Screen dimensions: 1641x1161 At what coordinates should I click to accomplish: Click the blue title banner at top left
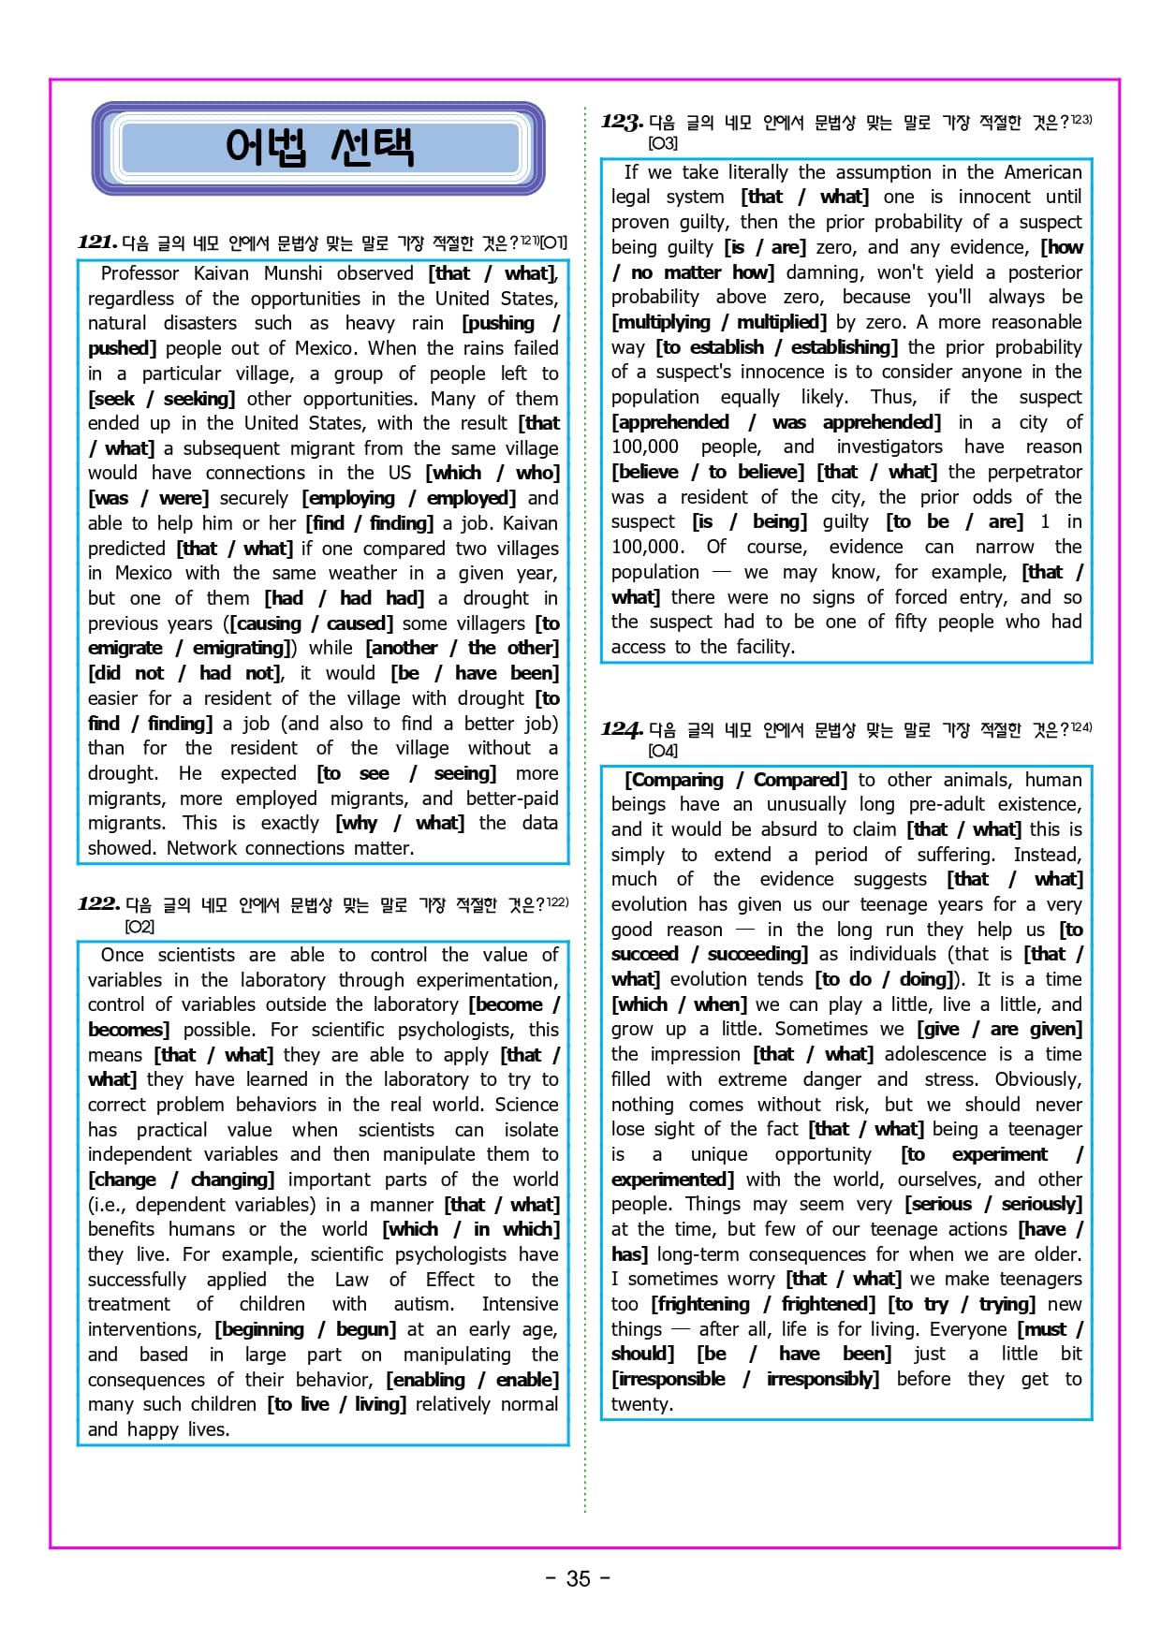pos(318,148)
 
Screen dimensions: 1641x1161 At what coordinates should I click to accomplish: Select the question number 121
pos(97,242)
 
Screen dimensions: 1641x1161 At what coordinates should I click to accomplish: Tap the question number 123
pos(622,122)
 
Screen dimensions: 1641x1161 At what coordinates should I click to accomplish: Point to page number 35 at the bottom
pos(579,1578)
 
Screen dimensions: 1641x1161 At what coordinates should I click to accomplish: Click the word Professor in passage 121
pos(140,273)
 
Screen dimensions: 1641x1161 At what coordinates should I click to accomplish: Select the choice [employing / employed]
pos(409,498)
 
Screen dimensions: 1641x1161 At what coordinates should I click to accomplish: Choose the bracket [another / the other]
pos(462,648)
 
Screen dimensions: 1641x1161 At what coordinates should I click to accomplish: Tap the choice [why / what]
pos(400,823)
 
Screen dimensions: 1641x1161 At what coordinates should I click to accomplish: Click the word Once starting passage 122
pos(123,955)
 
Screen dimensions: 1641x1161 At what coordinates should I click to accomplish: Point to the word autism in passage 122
pos(420,1304)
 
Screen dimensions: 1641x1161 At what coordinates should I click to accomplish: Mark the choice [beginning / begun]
pos(305,1329)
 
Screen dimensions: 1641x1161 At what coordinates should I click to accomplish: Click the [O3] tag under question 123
pos(662,143)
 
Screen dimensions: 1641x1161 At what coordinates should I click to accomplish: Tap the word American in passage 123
pos(1042,172)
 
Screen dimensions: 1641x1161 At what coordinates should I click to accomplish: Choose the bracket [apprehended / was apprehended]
pos(776,422)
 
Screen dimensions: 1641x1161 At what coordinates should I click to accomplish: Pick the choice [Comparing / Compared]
pos(736,780)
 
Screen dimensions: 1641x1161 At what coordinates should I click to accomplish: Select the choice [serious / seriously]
pos(993,1204)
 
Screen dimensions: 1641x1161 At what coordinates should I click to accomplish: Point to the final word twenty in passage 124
pos(641,1404)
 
